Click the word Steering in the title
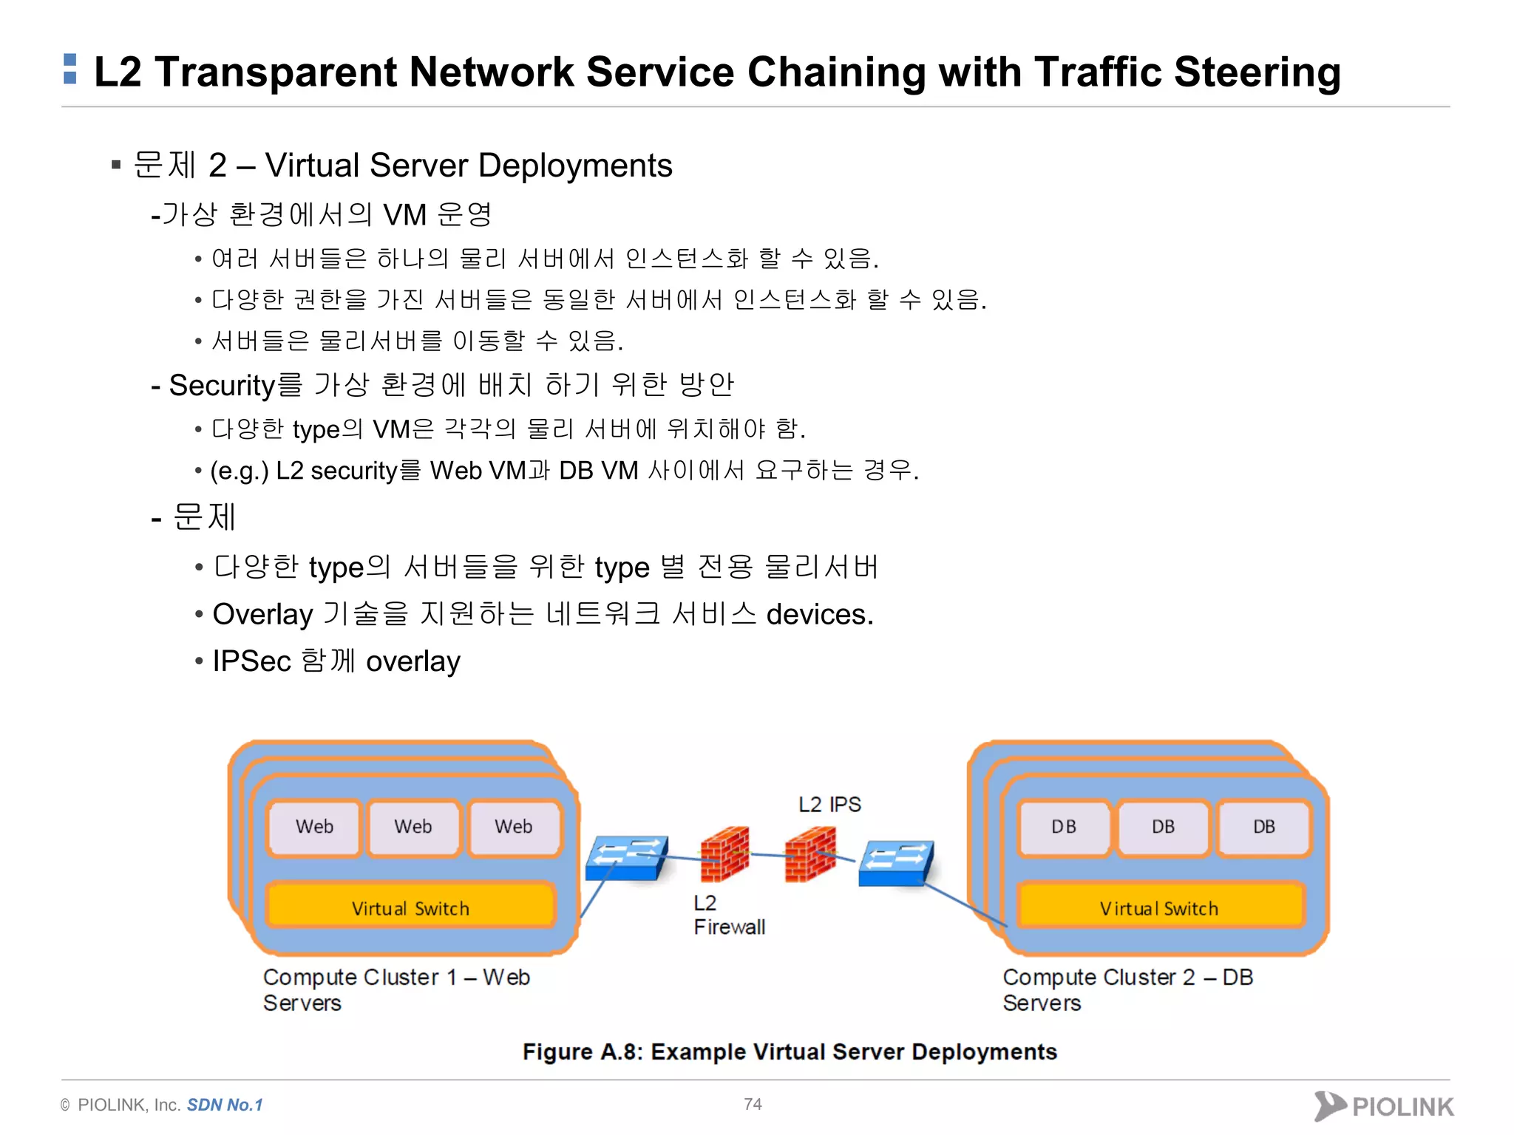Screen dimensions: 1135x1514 coord(1257,72)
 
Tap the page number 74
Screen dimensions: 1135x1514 coord(753,1104)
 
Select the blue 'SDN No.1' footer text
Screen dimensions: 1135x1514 coord(225,1105)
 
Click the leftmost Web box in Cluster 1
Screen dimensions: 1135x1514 coord(314,827)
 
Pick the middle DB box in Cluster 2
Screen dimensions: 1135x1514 coord(1163,827)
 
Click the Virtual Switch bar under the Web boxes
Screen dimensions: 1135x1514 coord(410,907)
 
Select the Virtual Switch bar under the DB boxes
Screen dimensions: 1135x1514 coord(1158,907)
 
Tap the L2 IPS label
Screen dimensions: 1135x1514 coord(829,804)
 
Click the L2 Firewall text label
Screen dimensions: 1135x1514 coord(728,915)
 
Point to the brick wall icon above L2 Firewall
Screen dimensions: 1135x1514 coord(725,854)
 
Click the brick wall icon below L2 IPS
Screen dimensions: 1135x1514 coord(811,854)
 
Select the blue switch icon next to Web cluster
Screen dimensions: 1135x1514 coord(626,859)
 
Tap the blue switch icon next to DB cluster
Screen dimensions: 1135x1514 coord(895,863)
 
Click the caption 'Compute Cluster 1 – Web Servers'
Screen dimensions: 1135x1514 coord(396,989)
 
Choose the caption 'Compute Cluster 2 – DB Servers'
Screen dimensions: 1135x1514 coord(1127,989)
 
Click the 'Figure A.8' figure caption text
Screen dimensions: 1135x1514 coord(790,1052)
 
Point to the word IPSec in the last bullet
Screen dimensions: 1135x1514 coord(251,661)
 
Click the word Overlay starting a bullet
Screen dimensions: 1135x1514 coord(262,615)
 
